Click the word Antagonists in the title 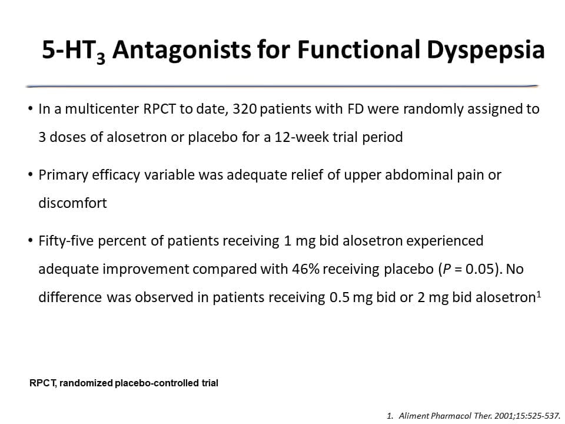click(182, 49)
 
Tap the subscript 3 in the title click(101, 58)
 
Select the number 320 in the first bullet click(244, 109)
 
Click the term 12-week click(309, 137)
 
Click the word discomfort click(73, 203)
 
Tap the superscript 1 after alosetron click(539, 294)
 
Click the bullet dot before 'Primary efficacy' click(30, 175)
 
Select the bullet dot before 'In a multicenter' click(30, 109)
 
